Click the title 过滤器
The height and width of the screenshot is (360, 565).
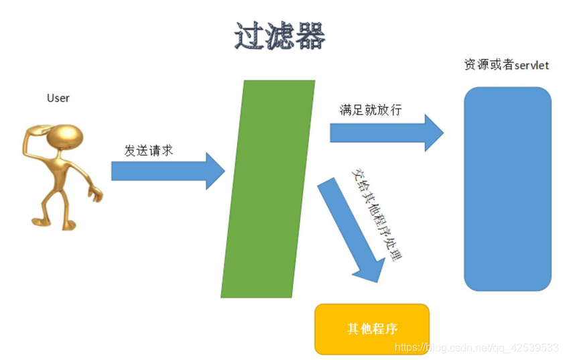(279, 36)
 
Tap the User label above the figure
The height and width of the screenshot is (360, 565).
(58, 98)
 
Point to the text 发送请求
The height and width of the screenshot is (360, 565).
(149, 150)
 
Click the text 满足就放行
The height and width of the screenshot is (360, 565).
(371, 110)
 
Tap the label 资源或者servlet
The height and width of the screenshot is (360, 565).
(507, 65)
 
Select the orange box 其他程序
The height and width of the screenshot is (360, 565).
(371, 328)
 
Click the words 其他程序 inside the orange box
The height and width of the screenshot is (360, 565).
(373, 328)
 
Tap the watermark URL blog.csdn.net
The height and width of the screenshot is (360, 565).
(477, 347)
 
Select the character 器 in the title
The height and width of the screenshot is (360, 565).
(310, 36)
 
